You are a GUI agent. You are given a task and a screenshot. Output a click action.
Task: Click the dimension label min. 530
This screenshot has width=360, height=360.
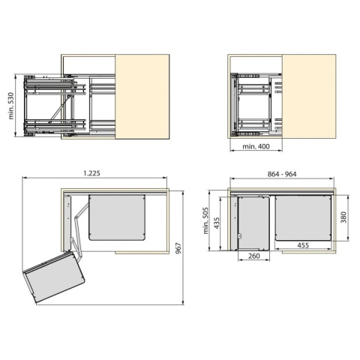[x=11, y=106]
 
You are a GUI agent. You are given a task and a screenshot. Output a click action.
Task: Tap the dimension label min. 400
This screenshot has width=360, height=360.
[x=256, y=146]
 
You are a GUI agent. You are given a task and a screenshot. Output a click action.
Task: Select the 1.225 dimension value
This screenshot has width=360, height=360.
[x=91, y=173]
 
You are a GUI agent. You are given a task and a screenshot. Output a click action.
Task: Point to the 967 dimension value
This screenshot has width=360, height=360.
[x=178, y=248]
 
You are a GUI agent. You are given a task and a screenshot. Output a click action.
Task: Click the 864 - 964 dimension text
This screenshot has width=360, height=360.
[x=282, y=174]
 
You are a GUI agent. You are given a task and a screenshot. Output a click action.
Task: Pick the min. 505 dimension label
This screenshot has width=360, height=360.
[x=205, y=220]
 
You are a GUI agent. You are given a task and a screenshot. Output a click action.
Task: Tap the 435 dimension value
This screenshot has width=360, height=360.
[x=217, y=223]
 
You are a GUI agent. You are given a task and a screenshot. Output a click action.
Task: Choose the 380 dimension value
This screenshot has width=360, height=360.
[x=343, y=217]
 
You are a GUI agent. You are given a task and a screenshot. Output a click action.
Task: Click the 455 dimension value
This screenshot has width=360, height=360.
[x=303, y=245]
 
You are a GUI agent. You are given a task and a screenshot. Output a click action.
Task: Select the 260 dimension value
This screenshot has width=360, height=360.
[x=254, y=256]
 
